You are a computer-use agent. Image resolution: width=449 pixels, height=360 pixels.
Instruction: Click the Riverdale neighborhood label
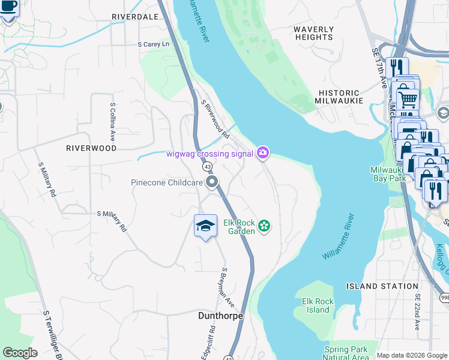(x=134, y=17)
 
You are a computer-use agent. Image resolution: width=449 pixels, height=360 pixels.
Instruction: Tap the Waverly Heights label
(x=313, y=33)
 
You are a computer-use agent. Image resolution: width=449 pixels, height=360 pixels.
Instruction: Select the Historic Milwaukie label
(x=339, y=97)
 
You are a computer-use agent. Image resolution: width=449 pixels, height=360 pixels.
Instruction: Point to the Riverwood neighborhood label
(x=91, y=148)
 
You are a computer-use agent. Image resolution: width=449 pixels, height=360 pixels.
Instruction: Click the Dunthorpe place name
(x=221, y=316)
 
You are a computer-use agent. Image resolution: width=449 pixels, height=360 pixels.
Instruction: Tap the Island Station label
(x=391, y=286)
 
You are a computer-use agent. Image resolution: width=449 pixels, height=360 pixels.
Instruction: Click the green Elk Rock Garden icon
(x=264, y=227)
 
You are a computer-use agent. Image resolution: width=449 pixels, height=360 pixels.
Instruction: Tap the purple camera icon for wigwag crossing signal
(x=262, y=154)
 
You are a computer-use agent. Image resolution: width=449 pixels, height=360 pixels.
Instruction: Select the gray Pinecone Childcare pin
(x=211, y=182)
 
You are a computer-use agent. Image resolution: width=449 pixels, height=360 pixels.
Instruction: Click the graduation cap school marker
(x=205, y=226)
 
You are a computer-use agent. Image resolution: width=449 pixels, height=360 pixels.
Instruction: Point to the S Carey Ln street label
(x=155, y=44)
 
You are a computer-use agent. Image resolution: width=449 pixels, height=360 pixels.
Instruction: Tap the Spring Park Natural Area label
(x=346, y=353)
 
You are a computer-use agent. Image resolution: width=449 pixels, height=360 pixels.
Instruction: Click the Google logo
(x=20, y=352)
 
